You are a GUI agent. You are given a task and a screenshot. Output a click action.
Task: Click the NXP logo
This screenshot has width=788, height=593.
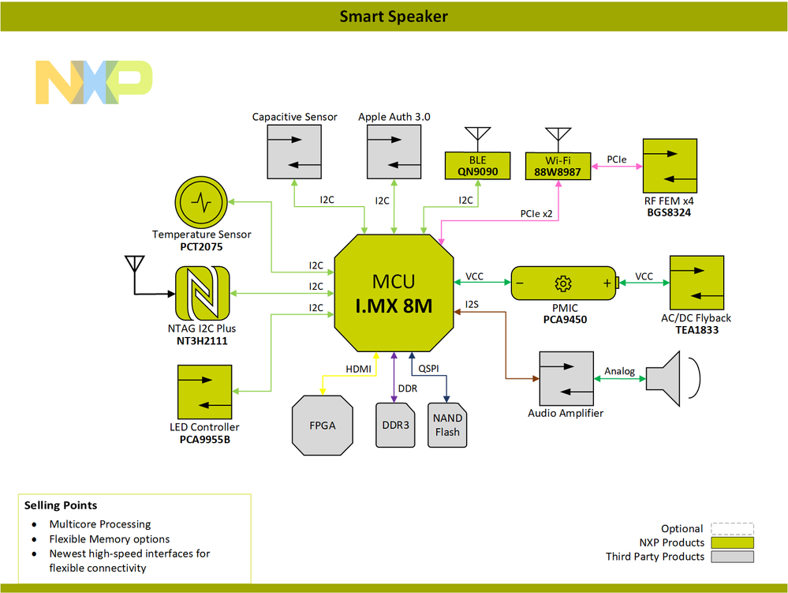(x=93, y=81)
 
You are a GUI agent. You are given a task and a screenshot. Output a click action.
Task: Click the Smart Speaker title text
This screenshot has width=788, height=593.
(x=394, y=16)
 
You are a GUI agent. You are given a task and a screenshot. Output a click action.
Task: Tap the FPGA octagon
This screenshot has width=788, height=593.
(x=322, y=425)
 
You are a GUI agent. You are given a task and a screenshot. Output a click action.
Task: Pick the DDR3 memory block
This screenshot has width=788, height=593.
(x=394, y=425)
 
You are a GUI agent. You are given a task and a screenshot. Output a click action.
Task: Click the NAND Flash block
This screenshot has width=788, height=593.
(x=447, y=425)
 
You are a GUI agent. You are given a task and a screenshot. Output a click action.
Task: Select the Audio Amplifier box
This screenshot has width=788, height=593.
(x=565, y=377)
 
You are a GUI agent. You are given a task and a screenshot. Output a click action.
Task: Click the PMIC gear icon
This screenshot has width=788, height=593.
(x=562, y=283)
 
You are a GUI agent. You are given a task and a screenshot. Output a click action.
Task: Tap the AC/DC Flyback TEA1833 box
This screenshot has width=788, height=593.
(x=695, y=282)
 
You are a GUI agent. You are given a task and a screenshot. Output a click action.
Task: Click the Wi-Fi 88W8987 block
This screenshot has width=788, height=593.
(x=558, y=165)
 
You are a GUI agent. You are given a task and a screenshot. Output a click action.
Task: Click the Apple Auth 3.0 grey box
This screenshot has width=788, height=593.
(x=394, y=152)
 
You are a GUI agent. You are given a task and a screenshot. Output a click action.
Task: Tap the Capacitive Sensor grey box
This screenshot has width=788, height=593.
(x=294, y=152)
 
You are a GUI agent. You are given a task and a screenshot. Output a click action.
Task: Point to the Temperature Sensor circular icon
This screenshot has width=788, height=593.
(x=201, y=202)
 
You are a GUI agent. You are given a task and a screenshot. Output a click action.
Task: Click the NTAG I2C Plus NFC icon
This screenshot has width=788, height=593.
(x=201, y=292)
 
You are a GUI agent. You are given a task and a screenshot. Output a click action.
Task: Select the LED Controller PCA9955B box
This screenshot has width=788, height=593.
(x=204, y=392)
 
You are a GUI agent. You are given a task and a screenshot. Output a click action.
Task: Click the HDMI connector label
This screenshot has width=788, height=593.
(x=358, y=369)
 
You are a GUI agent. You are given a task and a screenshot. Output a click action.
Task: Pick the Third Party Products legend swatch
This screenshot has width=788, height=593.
(x=731, y=557)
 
